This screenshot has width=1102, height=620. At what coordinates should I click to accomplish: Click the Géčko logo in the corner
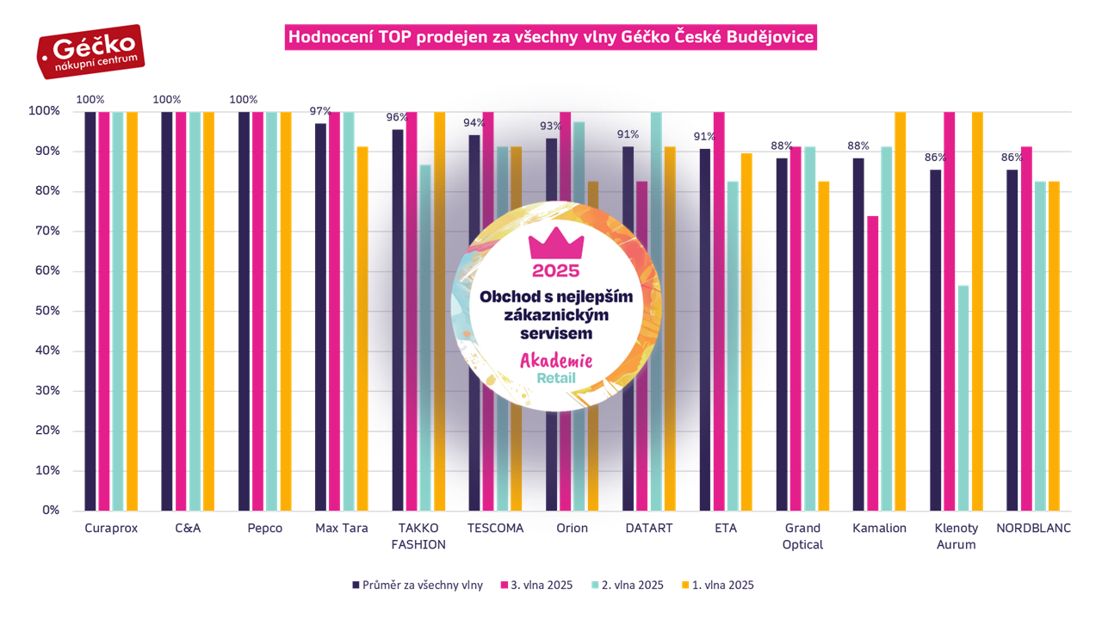pos(90,52)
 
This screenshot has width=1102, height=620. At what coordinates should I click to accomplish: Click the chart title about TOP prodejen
pos(551,38)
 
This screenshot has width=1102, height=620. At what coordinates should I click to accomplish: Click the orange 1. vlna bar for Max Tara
pos(362,328)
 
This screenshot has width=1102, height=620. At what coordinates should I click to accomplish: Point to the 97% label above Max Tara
pos(320,111)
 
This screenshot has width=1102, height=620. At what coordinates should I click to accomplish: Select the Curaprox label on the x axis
pos(111,528)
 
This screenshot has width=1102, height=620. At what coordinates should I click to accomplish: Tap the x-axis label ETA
pos(725,528)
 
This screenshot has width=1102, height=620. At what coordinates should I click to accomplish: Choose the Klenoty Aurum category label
pos(956,536)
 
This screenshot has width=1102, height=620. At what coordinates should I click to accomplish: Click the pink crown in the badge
pos(555,245)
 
